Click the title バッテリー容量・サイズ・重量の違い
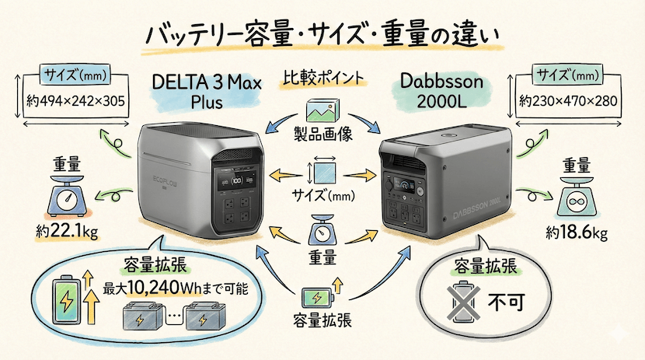pos(322,35)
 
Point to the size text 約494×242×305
pos(71,100)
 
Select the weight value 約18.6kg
pos(576,231)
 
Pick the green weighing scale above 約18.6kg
pos(577,201)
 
